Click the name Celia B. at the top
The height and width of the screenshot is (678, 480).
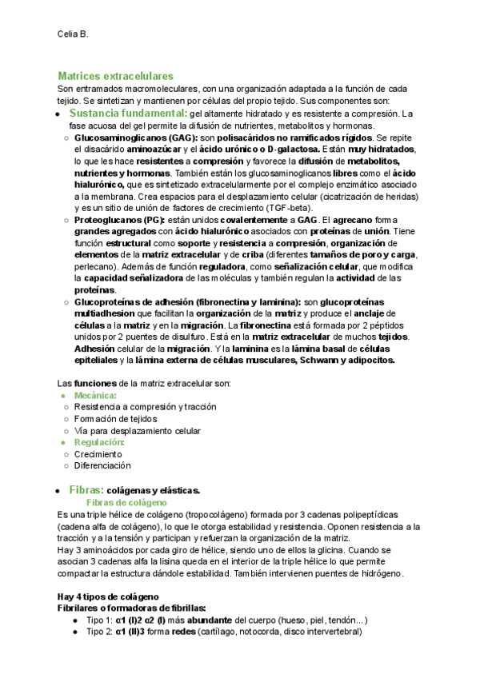73,34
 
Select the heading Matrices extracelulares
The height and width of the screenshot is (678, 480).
115,76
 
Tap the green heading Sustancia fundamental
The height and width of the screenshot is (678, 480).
127,114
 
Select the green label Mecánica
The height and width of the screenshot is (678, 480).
95,396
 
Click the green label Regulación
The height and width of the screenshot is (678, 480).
99,442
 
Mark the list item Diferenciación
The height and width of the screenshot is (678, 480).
102,465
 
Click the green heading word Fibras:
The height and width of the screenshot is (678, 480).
86,489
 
